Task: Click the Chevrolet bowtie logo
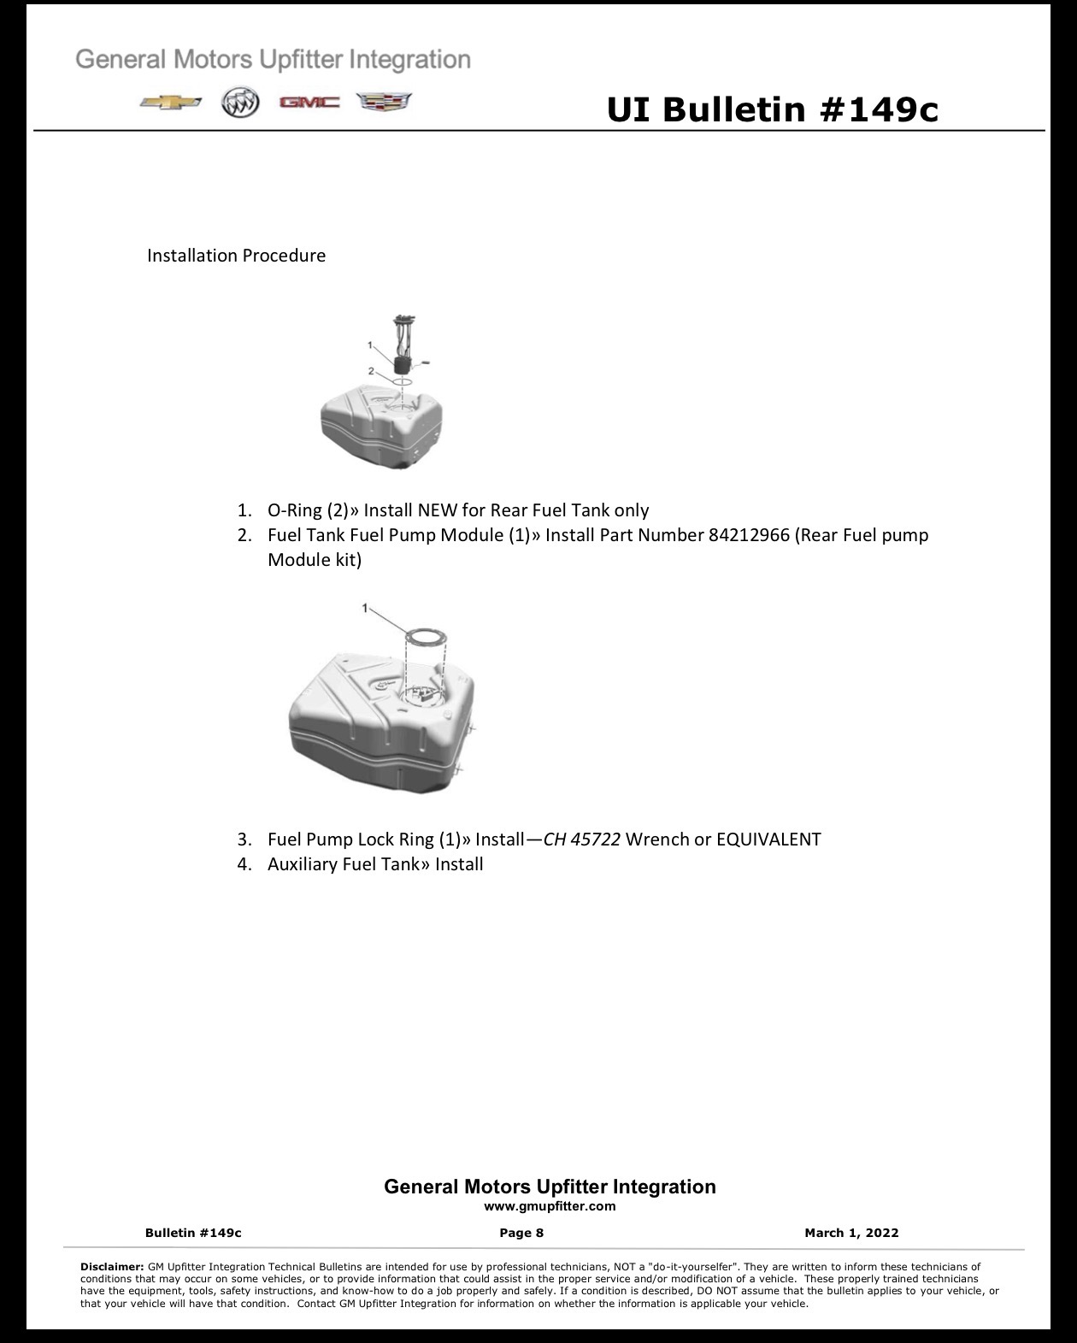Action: [x=171, y=103]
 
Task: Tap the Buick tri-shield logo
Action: [x=240, y=102]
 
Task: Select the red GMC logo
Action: [x=309, y=103]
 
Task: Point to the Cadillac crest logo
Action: [x=384, y=103]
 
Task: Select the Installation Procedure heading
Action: [x=237, y=256]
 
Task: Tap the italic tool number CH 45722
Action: [x=581, y=839]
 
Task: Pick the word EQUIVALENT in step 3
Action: [x=768, y=839]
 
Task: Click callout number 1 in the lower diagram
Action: [x=365, y=608]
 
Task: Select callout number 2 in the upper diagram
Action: [x=371, y=371]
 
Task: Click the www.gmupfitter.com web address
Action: [x=550, y=1206]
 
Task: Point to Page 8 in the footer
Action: [x=521, y=1233]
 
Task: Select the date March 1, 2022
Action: [x=851, y=1233]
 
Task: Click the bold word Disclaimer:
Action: [x=112, y=1267]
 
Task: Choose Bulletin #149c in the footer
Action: [x=193, y=1233]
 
